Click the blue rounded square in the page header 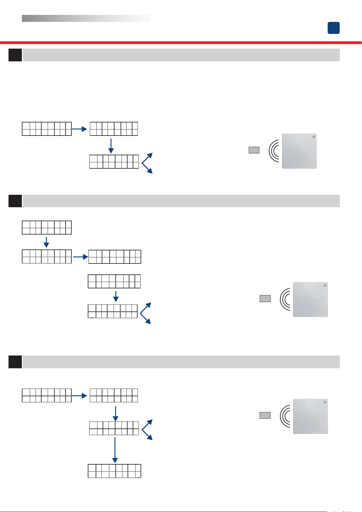[x=333, y=28]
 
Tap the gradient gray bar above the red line [x=86, y=19]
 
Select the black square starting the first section [x=15, y=55]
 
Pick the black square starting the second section [x=15, y=201]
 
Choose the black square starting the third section [x=15, y=362]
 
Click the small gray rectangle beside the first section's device [x=254, y=150]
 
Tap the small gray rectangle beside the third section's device [x=265, y=415]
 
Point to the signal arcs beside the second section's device [x=285, y=299]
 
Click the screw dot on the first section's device [x=314, y=137]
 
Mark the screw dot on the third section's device [x=325, y=402]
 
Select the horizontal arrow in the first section [x=80, y=129]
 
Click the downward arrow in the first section [x=111, y=146]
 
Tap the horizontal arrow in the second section [x=80, y=257]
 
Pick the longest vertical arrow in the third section [x=115, y=450]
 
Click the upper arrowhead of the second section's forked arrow [x=148, y=305]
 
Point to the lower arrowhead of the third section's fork [x=149, y=438]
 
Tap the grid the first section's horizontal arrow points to [x=114, y=129]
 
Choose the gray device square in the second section [x=310, y=299]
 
